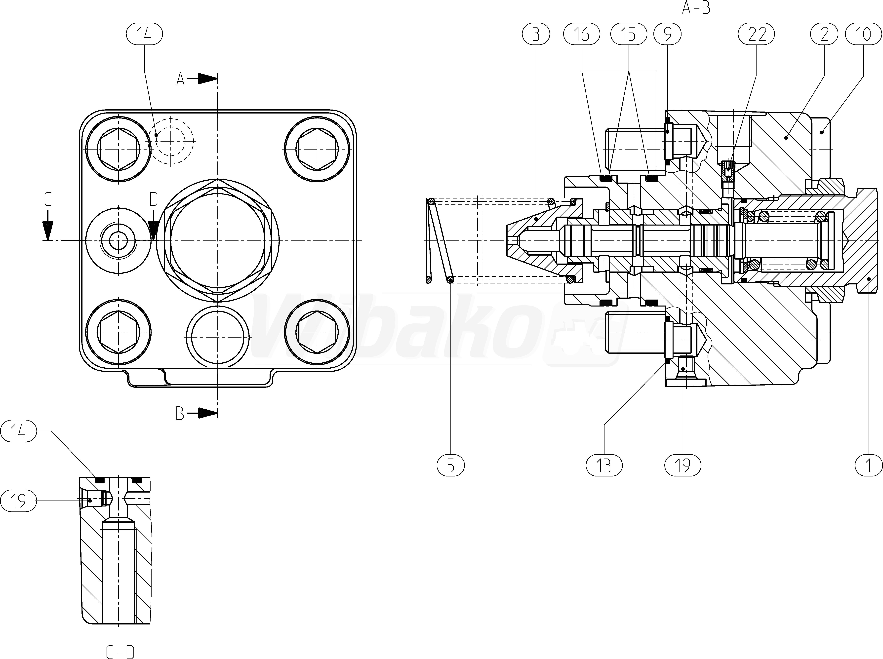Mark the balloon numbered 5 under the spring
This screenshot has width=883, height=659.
pos(450,465)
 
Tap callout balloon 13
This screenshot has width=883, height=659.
pos(604,465)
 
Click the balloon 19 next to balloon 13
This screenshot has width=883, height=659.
pos(683,465)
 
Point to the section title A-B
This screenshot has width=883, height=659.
pos(696,8)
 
